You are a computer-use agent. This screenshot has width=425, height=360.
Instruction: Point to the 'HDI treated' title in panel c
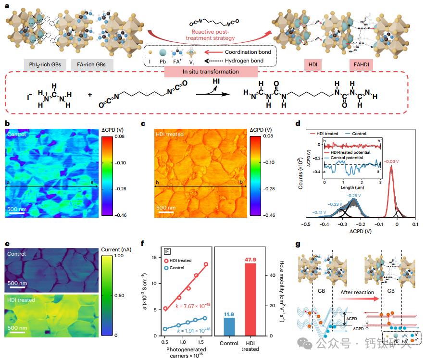coord(169,134)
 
